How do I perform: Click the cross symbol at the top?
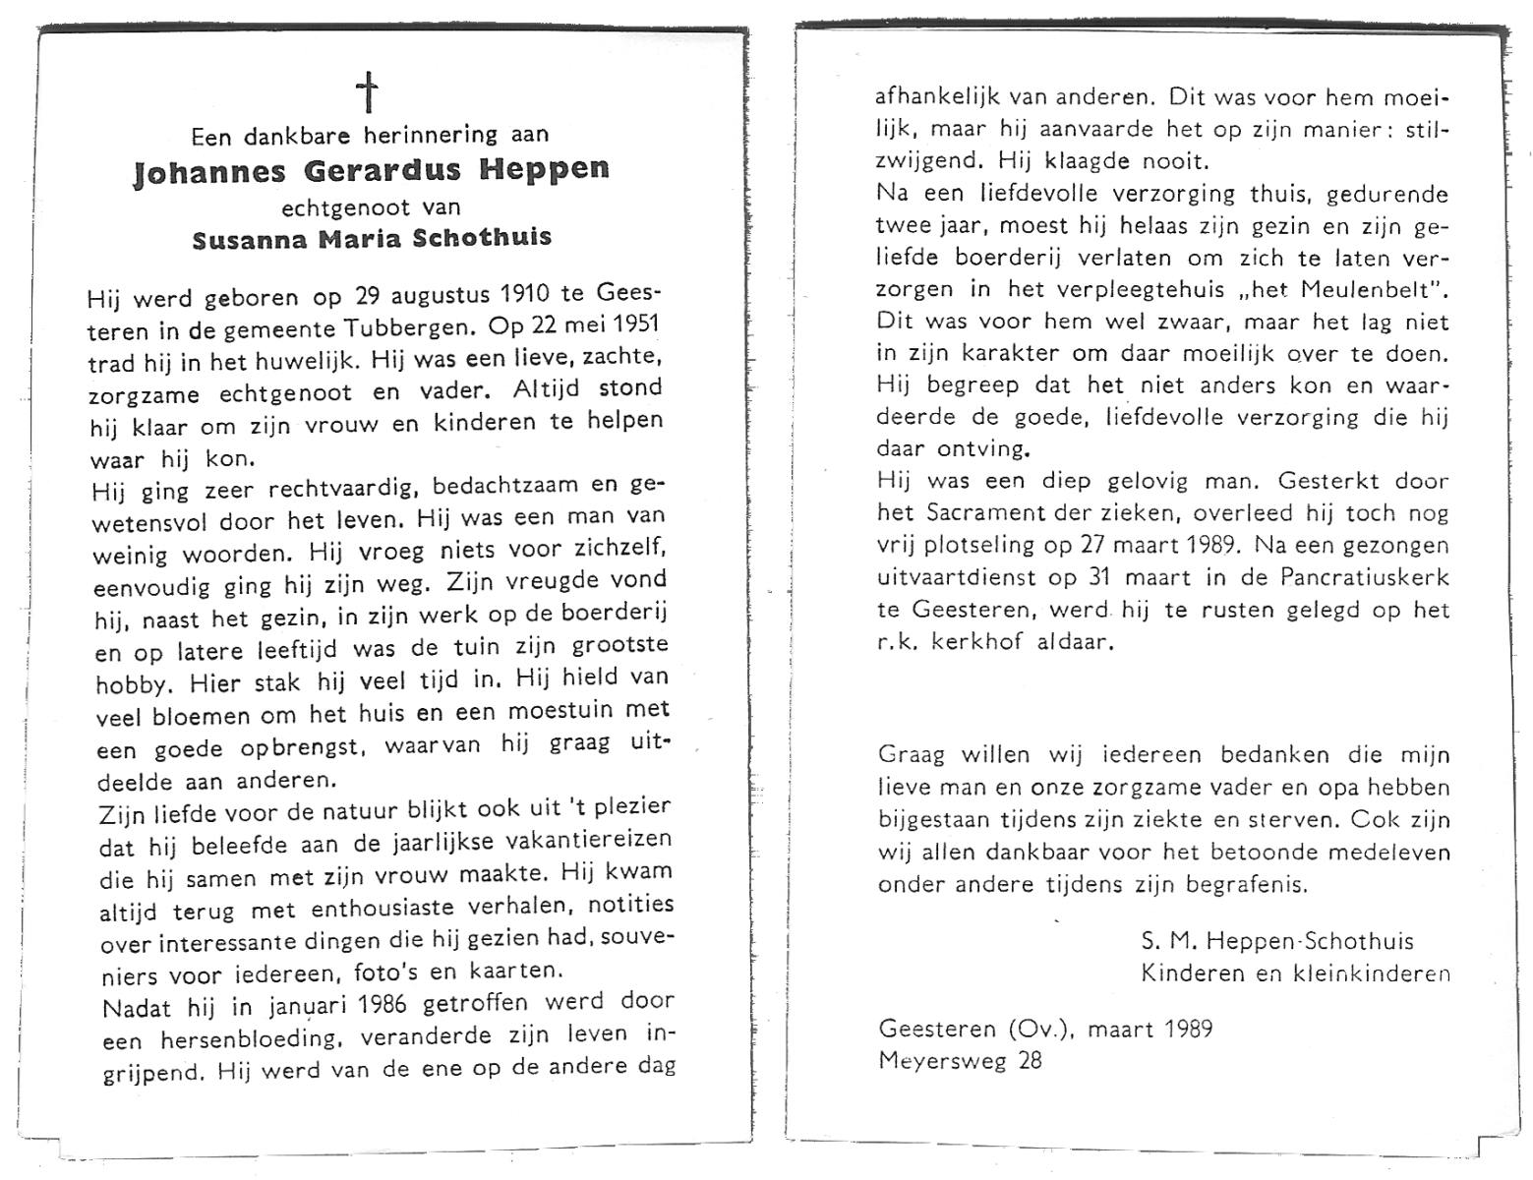[367, 92]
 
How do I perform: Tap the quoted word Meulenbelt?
[1362, 290]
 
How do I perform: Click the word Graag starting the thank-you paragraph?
[912, 755]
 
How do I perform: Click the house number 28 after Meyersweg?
[1029, 1060]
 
